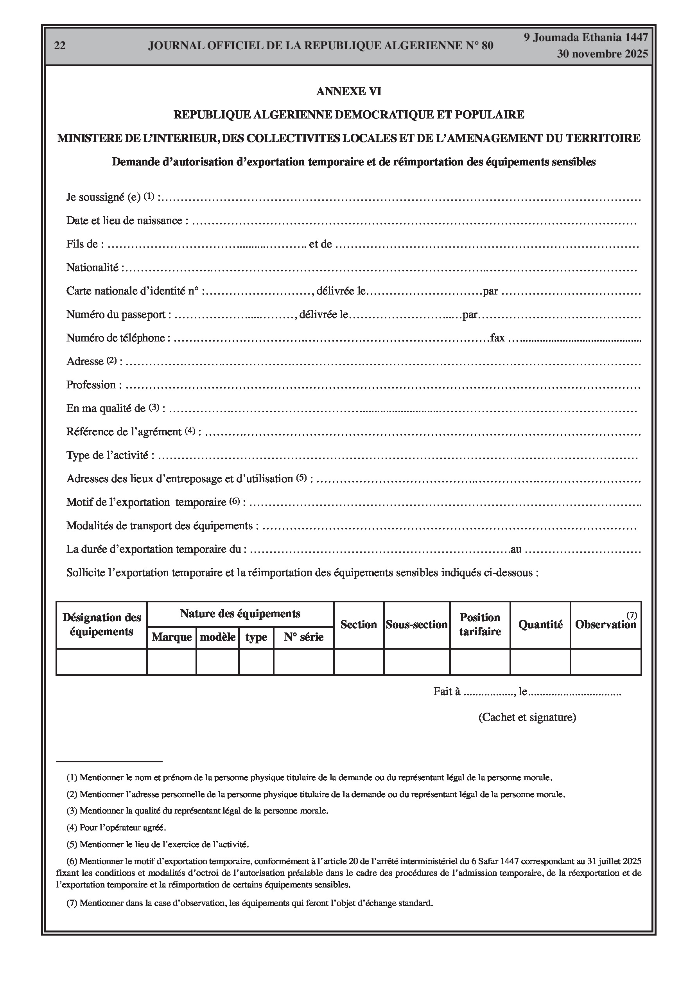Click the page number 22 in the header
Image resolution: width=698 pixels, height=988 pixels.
[60, 46]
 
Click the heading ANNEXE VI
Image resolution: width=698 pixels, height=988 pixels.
[348, 91]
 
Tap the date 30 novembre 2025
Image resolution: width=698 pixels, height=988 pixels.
[602, 54]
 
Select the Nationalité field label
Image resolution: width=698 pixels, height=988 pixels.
[93, 268]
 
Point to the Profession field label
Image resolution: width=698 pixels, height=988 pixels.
[91, 385]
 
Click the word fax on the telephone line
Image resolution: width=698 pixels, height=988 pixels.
[497, 338]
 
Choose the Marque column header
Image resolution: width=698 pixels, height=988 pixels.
[171, 637]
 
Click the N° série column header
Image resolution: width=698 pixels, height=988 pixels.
[303, 637]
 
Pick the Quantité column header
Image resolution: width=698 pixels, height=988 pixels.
[540, 625]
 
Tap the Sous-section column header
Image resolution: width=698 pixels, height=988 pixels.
[416, 625]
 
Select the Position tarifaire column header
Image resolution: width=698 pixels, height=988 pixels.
[480, 625]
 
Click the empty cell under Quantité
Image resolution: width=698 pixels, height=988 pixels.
[540, 662]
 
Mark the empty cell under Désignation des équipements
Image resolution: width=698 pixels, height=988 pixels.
[102, 662]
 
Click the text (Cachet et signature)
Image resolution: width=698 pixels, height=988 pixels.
[527, 717]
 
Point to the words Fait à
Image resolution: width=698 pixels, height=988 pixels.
[447, 692]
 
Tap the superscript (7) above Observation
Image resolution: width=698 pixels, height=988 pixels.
[632, 615]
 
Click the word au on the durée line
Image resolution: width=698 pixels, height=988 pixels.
[515, 550]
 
